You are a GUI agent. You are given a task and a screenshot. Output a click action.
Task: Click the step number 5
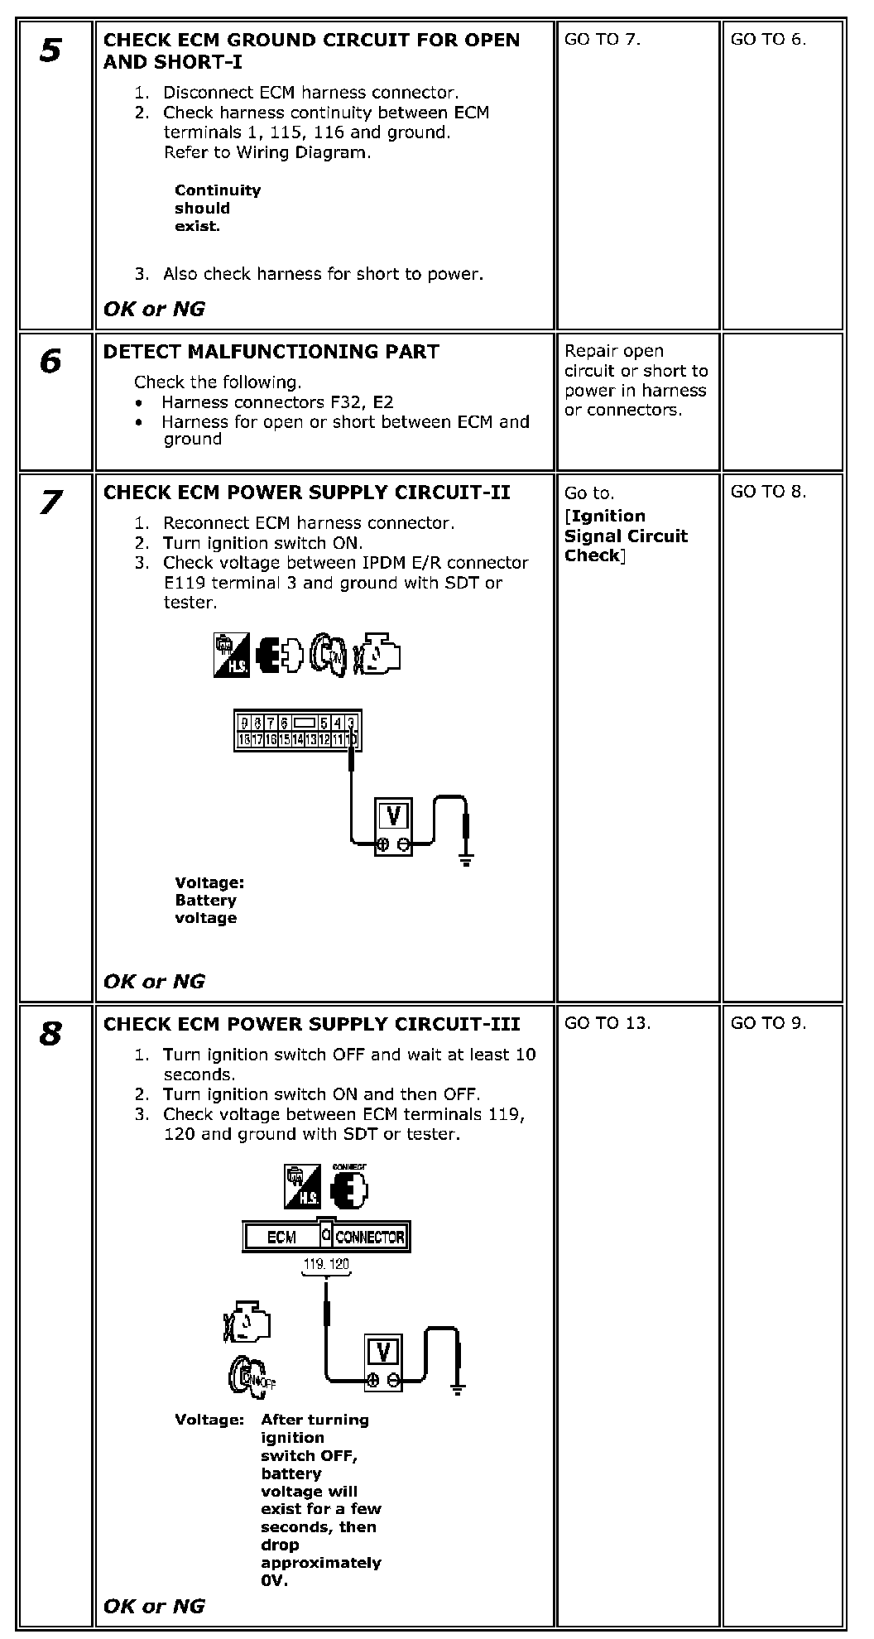click(x=50, y=50)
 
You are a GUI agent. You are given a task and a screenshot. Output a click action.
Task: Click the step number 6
click(x=50, y=361)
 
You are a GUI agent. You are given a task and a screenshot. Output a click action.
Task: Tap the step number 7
click(x=50, y=502)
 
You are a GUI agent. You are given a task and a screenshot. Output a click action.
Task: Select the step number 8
click(x=50, y=1033)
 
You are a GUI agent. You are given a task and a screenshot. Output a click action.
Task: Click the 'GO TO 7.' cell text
click(x=603, y=39)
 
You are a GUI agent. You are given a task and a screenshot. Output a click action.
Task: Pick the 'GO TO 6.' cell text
click(x=768, y=39)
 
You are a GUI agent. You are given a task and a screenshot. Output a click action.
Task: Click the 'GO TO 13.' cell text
click(x=607, y=1023)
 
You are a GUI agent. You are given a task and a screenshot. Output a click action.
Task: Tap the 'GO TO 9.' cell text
click(x=768, y=1023)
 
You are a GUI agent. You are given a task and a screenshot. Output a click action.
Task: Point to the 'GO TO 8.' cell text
click(x=768, y=492)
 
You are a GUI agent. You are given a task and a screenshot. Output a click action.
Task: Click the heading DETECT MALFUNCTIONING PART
click(x=271, y=352)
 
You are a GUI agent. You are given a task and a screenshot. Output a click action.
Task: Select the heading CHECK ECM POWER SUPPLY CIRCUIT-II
click(x=306, y=493)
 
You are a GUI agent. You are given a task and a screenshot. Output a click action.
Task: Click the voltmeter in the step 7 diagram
click(x=394, y=825)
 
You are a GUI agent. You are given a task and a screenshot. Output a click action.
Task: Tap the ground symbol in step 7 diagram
click(x=467, y=860)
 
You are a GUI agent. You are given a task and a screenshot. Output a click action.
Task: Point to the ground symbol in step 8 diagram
click(x=457, y=1390)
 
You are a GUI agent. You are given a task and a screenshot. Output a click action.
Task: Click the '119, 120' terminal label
click(x=327, y=1264)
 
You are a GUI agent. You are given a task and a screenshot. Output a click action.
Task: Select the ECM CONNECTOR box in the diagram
click(x=326, y=1237)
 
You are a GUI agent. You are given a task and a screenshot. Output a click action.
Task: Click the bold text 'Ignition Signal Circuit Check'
click(x=626, y=536)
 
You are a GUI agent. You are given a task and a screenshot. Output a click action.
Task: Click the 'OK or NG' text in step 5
click(x=154, y=309)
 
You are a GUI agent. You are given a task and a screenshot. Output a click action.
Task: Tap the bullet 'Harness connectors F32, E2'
click(x=277, y=402)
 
